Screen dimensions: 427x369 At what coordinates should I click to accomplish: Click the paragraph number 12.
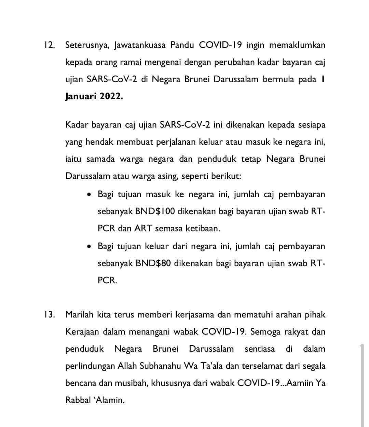click(49, 46)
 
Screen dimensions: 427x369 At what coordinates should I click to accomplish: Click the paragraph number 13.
click(49, 315)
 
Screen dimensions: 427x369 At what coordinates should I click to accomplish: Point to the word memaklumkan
click(297, 46)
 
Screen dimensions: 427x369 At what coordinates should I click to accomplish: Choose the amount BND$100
click(155, 211)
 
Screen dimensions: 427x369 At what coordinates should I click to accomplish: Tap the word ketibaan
click(203, 229)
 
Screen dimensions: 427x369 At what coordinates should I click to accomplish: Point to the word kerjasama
click(196, 315)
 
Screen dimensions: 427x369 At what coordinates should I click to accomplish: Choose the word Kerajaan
click(82, 332)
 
